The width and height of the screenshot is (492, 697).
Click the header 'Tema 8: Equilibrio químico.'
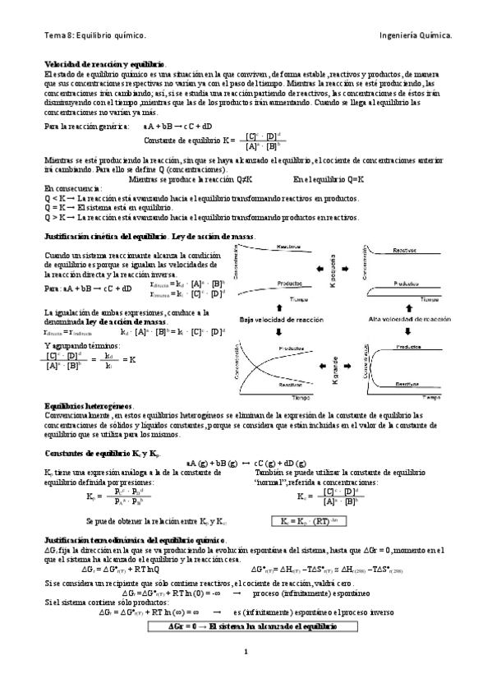point(94,35)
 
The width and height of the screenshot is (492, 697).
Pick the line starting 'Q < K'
point(195,198)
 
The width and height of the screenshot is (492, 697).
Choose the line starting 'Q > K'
point(200,218)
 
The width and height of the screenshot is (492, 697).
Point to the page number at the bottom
point(246,676)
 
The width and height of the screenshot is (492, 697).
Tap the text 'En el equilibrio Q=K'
point(329,178)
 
